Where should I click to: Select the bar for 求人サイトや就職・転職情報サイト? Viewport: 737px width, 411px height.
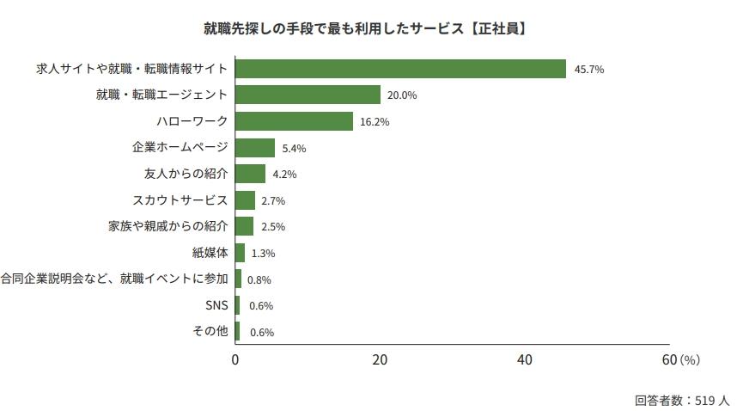coord(400,69)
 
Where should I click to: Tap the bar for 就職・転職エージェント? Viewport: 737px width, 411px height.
coord(308,95)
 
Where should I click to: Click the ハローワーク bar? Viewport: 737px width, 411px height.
coord(294,121)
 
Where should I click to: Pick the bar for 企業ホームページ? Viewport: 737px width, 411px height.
coord(255,148)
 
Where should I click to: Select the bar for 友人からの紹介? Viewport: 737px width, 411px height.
coord(250,174)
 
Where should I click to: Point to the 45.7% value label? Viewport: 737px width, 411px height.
coord(588,70)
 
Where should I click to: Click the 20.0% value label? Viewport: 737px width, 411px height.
coord(402,95)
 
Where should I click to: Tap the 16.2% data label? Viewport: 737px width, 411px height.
coord(375,122)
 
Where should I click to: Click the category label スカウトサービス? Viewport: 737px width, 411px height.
coord(180,200)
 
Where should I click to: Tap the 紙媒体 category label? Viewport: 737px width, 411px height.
coord(210,253)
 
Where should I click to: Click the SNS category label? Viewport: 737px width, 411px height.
coord(216,305)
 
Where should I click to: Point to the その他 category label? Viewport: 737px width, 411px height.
coord(210,331)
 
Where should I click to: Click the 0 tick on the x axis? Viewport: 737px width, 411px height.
coord(235,359)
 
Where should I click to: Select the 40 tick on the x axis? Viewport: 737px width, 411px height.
coord(525,359)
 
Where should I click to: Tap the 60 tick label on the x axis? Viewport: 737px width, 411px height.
coord(669,359)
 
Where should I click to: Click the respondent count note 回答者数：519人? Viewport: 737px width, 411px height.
coord(682,400)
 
